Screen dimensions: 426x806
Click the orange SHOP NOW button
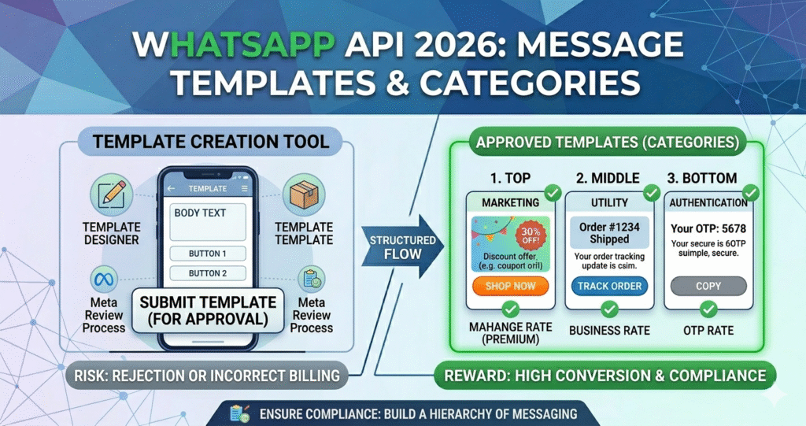pyautogui.click(x=511, y=286)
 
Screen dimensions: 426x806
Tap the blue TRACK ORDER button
pyautogui.click(x=609, y=286)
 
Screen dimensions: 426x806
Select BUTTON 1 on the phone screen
pyautogui.click(x=208, y=254)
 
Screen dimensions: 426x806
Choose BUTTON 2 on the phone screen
pyautogui.click(x=208, y=273)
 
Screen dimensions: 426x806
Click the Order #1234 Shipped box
pyautogui.click(x=609, y=232)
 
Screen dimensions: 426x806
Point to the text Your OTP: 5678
pyautogui.click(x=708, y=228)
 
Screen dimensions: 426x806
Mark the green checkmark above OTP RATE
pyautogui.click(x=708, y=309)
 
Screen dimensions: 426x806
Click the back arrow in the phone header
pyautogui.click(x=172, y=189)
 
